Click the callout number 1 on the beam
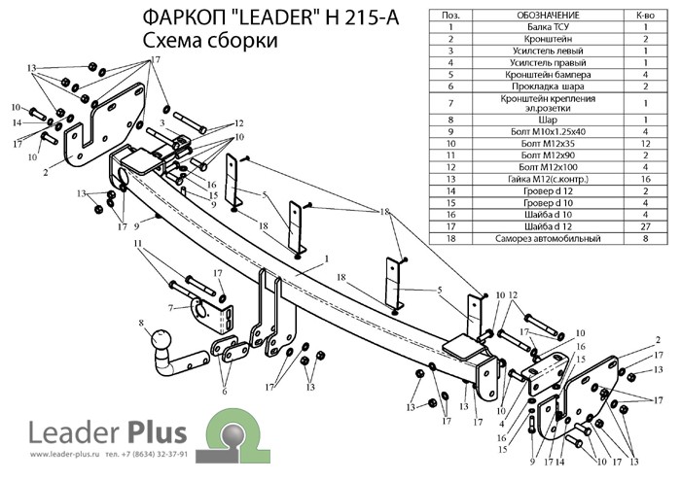[x=327, y=259]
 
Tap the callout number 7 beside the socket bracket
[x=171, y=308]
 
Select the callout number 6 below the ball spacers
[x=224, y=392]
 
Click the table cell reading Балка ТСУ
[x=548, y=27]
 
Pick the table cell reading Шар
[x=548, y=120]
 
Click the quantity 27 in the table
[x=645, y=226]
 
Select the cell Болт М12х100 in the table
[x=548, y=167]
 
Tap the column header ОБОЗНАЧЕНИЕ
[x=548, y=16]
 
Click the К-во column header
[x=645, y=16]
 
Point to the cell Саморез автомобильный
[x=548, y=238]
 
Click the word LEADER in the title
[x=273, y=18]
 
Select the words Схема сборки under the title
[x=210, y=41]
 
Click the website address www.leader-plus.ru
[x=65, y=455]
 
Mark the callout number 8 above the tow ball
[x=141, y=323]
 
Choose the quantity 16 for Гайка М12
[x=645, y=179]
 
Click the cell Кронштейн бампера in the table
[x=548, y=75]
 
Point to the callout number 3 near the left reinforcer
[x=162, y=123]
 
